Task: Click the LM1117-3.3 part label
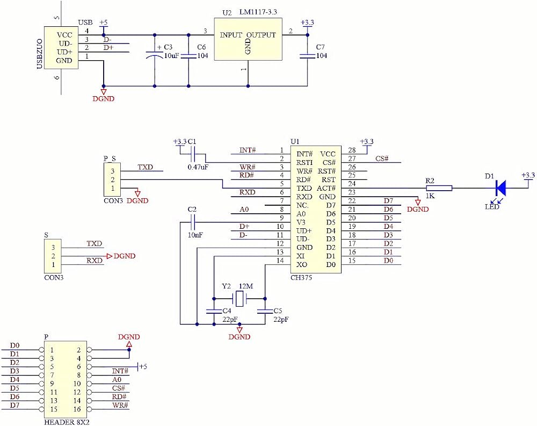[x=258, y=12]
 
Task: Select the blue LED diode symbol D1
[x=501, y=188]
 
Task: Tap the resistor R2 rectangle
[x=439, y=188]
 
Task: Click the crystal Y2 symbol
[x=240, y=299]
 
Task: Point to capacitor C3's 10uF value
[x=172, y=55]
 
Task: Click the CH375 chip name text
[x=301, y=278]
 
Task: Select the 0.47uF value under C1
[x=198, y=167]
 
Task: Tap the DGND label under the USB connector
[x=104, y=99]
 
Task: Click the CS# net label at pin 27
[x=382, y=158]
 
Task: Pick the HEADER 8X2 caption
[x=67, y=422]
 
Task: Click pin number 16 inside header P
[x=77, y=409]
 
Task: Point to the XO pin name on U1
[x=302, y=265]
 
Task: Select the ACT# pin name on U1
[x=326, y=188]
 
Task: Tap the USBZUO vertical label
[x=40, y=54]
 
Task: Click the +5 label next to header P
[x=143, y=367]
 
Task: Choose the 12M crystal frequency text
[x=246, y=286]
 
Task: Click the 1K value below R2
[x=430, y=196]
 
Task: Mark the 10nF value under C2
[x=195, y=235]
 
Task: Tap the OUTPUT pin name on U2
[x=261, y=35]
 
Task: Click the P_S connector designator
[x=110, y=158]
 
